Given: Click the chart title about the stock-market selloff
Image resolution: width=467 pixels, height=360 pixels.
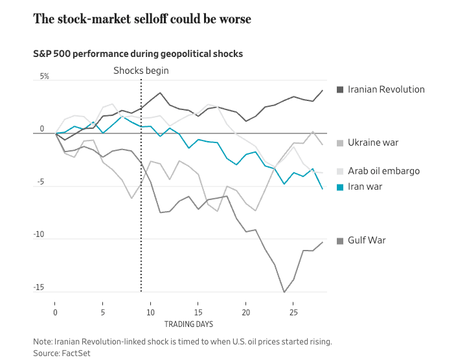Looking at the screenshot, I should tap(142, 19).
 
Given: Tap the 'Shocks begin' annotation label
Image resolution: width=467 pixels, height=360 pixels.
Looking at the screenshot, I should tap(141, 71).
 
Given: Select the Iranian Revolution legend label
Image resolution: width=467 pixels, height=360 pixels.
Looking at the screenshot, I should tap(386, 89).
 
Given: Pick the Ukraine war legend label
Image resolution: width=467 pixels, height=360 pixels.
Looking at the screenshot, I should tap(373, 142).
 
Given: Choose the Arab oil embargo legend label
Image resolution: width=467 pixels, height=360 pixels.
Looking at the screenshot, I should tap(383, 171).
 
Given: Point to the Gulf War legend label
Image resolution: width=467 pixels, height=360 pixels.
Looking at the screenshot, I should tap(367, 241).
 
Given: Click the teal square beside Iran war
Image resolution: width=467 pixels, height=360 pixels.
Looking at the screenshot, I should tap(340, 186).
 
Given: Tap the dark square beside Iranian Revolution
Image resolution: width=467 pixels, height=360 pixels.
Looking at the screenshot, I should tap(340, 89).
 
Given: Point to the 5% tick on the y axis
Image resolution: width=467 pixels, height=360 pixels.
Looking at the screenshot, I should tap(45, 76).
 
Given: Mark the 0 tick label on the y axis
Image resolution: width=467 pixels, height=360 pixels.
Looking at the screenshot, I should tap(42, 129).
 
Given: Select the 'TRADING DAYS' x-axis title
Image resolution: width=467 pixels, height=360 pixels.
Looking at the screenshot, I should tap(188, 323).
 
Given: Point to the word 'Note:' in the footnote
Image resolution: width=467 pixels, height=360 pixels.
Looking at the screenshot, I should tap(44, 341).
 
